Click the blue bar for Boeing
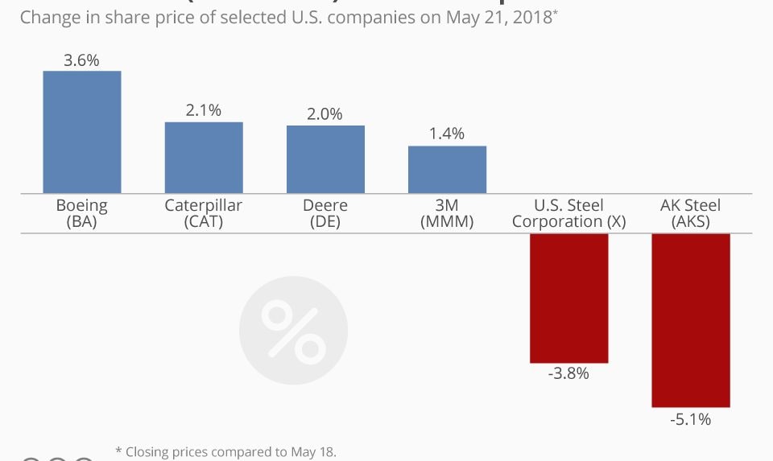click(x=82, y=132)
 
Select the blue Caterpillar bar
click(x=204, y=158)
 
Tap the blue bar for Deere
click(x=325, y=159)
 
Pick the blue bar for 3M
click(x=447, y=170)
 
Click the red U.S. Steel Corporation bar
click(x=568, y=298)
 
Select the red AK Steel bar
click(x=690, y=320)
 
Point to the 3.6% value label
click(x=82, y=60)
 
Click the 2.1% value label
click(x=204, y=110)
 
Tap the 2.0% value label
click(x=325, y=114)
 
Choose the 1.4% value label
click(x=447, y=134)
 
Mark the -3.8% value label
click(x=568, y=373)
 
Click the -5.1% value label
click(x=690, y=418)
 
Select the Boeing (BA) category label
click(x=82, y=213)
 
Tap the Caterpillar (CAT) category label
click(x=204, y=213)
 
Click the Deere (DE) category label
click(x=325, y=213)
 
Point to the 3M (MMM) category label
click(x=447, y=213)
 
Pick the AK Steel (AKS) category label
click(x=690, y=213)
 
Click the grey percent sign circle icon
click(x=293, y=331)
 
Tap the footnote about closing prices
click(x=225, y=452)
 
